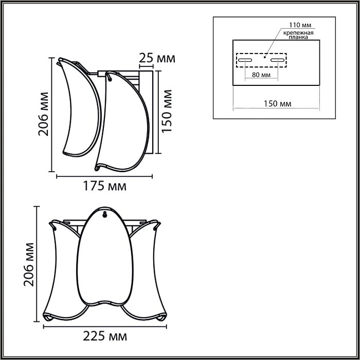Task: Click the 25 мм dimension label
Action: pyautogui.click(x=157, y=58)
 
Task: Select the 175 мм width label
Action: pyautogui.click(x=104, y=186)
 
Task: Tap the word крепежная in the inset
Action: pyautogui.click(x=298, y=32)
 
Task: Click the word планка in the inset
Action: pyautogui.click(x=299, y=38)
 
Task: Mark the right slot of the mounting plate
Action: pyautogui.click(x=277, y=61)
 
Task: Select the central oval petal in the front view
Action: pyautogui.click(x=104, y=257)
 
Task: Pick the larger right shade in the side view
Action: pyautogui.click(x=123, y=123)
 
